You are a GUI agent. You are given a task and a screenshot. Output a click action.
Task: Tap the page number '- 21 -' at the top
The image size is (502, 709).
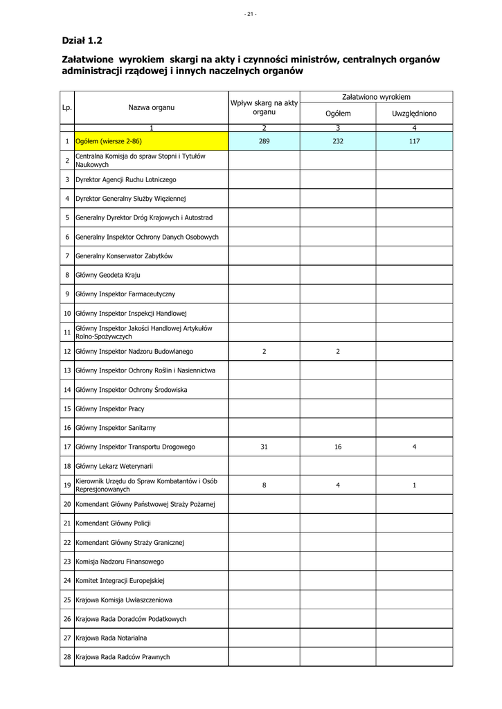click(250, 14)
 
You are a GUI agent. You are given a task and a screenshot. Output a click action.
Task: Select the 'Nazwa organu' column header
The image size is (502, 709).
click(151, 107)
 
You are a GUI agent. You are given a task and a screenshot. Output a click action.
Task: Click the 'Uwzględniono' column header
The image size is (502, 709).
click(414, 113)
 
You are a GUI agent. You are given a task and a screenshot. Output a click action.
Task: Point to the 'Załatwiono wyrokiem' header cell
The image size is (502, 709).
click(376, 97)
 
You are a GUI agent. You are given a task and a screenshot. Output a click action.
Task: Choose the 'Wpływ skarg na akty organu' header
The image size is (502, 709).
click(264, 107)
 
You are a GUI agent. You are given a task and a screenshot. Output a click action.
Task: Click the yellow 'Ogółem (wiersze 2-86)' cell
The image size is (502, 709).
click(109, 141)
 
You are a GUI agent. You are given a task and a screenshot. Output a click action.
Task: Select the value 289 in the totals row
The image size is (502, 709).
click(264, 141)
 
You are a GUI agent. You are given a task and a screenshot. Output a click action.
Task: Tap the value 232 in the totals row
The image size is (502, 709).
click(338, 141)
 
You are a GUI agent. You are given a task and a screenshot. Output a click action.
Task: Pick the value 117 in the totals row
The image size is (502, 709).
click(414, 141)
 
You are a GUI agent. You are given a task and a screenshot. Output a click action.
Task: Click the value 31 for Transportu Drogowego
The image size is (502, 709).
click(264, 447)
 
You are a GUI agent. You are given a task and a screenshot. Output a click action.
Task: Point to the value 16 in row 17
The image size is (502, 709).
click(338, 447)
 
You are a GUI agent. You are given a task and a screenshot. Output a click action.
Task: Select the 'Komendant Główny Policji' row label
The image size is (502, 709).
click(113, 523)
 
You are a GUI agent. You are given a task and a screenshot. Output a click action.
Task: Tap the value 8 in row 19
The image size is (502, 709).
click(264, 485)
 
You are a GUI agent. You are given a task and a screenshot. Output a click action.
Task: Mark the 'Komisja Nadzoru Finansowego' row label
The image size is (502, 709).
click(118, 562)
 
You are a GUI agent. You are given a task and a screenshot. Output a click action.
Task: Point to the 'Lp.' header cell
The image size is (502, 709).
click(67, 107)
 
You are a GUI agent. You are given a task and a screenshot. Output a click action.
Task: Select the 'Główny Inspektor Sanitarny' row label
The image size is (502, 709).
click(116, 428)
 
